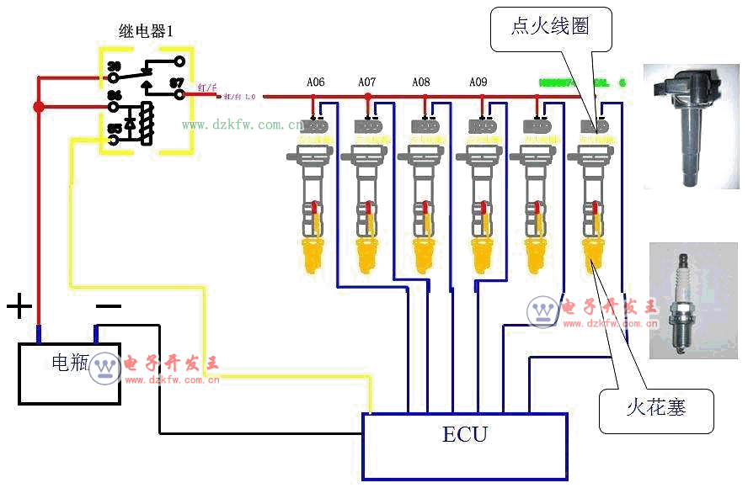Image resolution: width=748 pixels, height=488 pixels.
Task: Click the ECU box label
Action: (464, 434)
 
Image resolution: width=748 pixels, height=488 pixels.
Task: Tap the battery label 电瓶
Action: (70, 363)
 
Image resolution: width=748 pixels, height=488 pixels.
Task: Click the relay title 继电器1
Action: (146, 32)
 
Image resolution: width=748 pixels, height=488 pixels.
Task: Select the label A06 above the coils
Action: (315, 82)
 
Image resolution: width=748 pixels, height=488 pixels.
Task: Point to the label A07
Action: (367, 82)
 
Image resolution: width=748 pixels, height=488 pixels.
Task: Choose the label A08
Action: (421, 82)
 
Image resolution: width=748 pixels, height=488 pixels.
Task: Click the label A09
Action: (478, 82)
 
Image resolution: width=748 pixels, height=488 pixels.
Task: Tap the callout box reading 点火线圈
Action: (550, 26)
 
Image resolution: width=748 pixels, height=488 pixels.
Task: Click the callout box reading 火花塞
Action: (655, 408)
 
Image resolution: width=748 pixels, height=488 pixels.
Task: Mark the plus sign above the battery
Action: (19, 306)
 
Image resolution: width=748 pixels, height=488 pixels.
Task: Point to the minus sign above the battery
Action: (108, 306)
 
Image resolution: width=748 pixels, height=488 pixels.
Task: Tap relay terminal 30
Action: (113, 65)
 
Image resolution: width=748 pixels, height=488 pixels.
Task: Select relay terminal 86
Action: (113, 96)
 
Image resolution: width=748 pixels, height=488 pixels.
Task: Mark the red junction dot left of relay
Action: (38, 107)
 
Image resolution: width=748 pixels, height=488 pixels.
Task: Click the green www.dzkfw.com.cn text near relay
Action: (243, 125)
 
